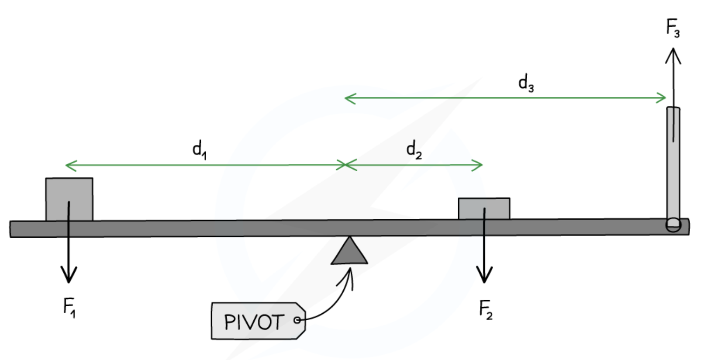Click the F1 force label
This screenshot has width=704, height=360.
click(69, 307)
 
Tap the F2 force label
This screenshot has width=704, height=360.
click(486, 310)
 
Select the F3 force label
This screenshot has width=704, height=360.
click(673, 28)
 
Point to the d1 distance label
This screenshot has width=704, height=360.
click(199, 150)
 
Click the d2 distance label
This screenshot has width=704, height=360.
click(414, 150)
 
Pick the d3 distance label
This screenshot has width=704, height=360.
click(526, 83)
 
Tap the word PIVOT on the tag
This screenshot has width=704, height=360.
click(254, 322)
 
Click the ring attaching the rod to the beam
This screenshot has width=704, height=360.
click(673, 225)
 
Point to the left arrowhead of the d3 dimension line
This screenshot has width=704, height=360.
click(348, 98)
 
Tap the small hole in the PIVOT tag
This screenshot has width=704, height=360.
click(297, 320)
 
